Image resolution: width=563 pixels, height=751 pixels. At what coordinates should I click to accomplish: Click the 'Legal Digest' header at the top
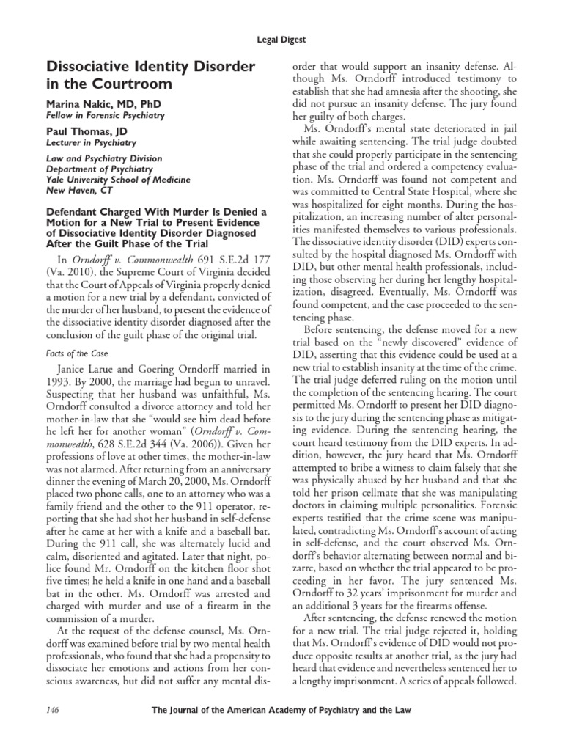[281, 42]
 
